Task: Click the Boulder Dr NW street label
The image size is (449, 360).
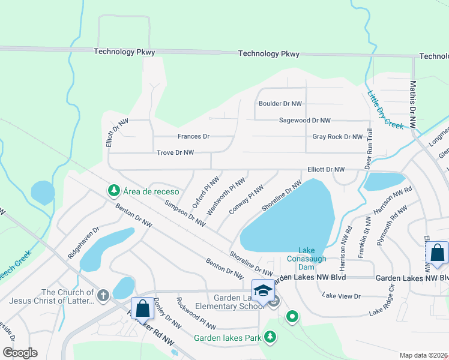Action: coord(280,104)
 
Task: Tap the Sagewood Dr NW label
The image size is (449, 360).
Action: coord(305,121)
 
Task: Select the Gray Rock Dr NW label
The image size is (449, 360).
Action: coord(337,137)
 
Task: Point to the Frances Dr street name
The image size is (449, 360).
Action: coord(193,137)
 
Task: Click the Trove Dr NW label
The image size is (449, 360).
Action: coord(175,153)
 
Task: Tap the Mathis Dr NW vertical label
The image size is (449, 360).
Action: coord(412,106)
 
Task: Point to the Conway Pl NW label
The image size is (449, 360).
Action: coord(246,200)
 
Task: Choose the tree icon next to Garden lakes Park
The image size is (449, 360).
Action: coord(270,338)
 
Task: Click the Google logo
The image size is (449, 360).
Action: coord(20,353)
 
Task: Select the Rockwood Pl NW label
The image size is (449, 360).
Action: coord(196,313)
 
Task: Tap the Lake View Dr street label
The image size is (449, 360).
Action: coord(340,296)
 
